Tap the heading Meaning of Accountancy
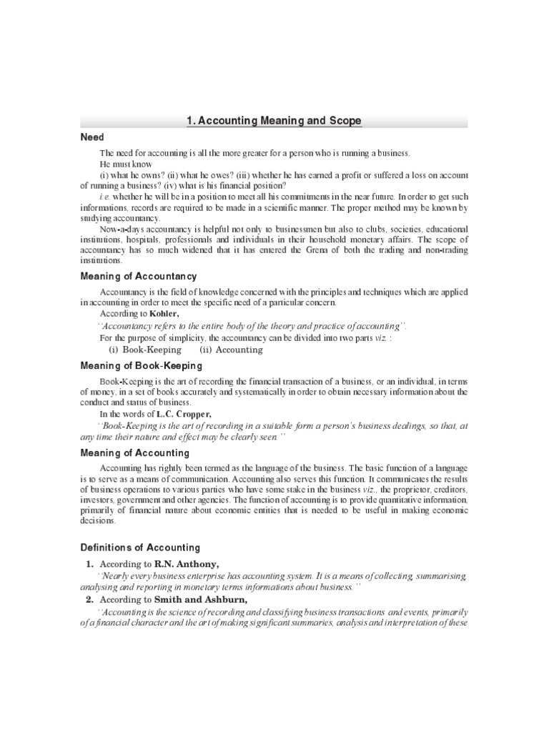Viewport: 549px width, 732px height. coord(138,276)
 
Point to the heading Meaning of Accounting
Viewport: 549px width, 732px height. coord(134,453)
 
